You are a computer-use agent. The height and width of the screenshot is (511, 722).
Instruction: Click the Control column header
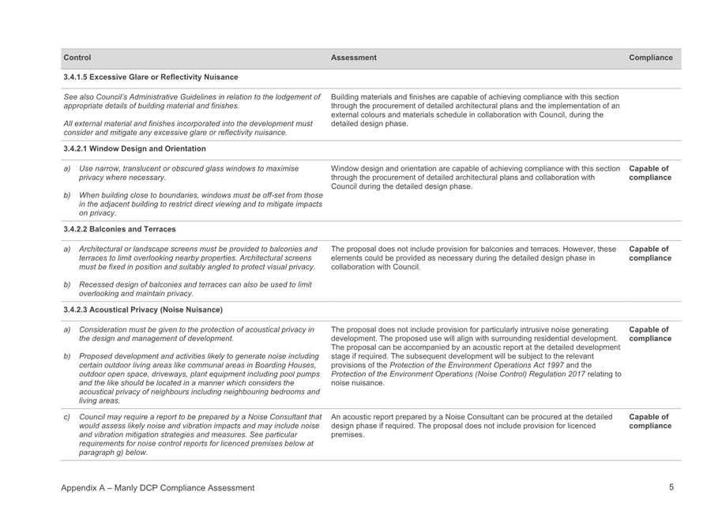click(77, 58)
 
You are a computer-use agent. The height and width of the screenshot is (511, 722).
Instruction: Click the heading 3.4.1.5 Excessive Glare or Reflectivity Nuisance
click(151, 77)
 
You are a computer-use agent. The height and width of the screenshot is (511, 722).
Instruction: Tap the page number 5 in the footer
click(671, 487)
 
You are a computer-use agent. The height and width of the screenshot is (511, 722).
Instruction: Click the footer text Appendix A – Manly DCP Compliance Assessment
click(158, 488)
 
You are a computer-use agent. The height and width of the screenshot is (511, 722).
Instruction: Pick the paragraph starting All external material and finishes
click(186, 128)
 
